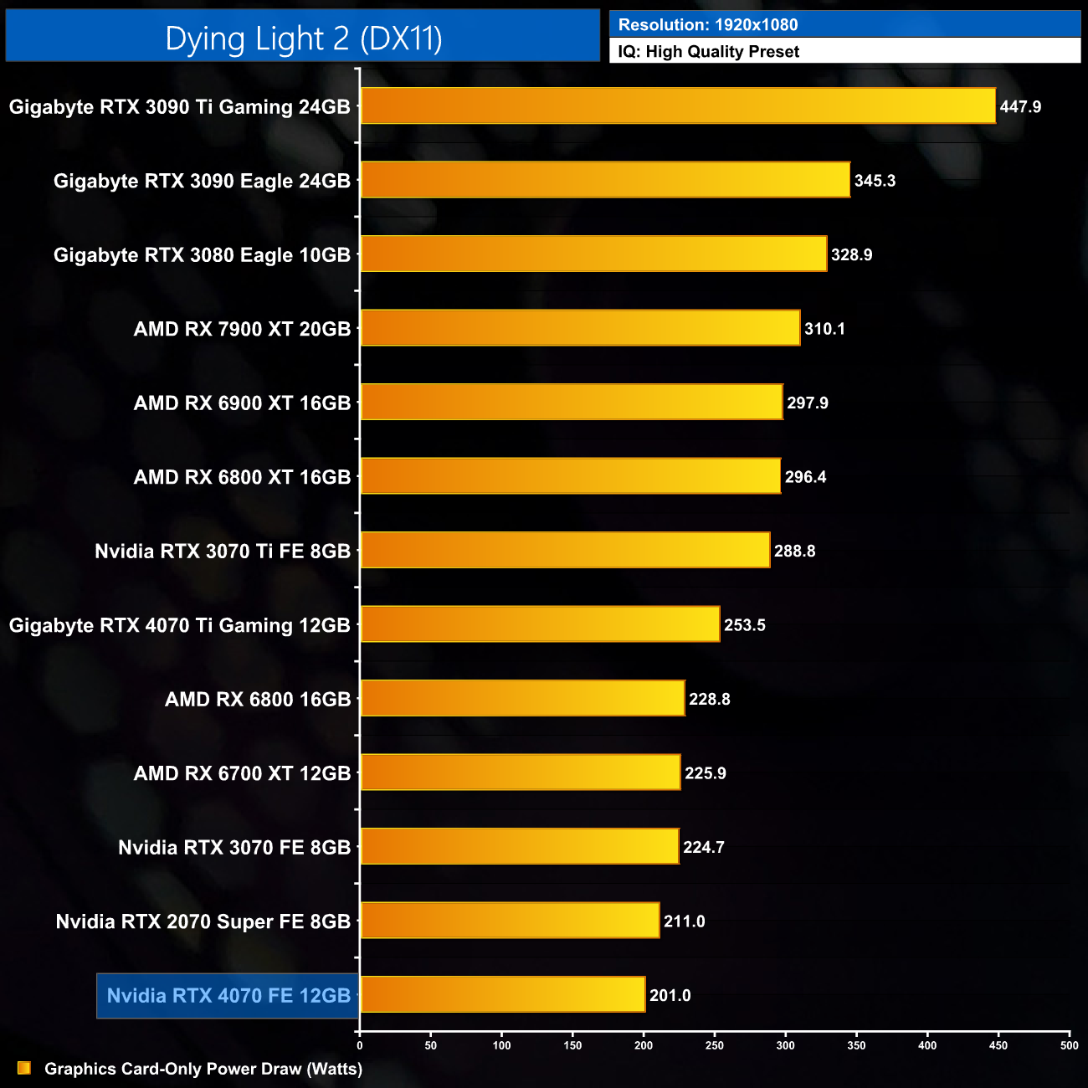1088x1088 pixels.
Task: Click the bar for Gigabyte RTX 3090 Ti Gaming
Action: pos(678,106)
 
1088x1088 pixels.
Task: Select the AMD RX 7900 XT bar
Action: pos(580,328)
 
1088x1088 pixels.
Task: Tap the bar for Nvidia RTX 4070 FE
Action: pos(502,994)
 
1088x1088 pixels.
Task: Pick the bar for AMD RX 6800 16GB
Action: pos(522,698)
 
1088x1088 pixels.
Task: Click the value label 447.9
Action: pos(1020,107)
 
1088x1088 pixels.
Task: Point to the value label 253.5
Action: pos(744,625)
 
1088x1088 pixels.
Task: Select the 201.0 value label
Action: pos(670,995)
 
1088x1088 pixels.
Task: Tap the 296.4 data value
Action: pos(805,477)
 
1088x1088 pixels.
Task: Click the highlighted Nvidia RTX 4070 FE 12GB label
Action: pos(228,995)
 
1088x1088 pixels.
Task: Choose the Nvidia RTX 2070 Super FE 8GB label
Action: pos(203,921)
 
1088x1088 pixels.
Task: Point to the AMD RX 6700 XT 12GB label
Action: pos(242,773)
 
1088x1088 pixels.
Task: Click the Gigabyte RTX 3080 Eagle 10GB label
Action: pos(202,254)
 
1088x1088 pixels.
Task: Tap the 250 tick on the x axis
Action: pos(715,1044)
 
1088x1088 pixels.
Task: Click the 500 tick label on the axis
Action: pos(1069,1044)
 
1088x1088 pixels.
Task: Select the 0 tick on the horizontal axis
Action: pos(360,1044)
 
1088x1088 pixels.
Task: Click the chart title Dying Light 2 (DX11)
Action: pos(303,38)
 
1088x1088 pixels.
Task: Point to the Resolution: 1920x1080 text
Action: pos(708,25)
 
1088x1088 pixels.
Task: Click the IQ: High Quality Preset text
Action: pos(709,52)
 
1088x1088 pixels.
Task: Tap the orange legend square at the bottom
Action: pos(24,1068)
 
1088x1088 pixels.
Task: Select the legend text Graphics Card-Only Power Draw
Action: pos(203,1069)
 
